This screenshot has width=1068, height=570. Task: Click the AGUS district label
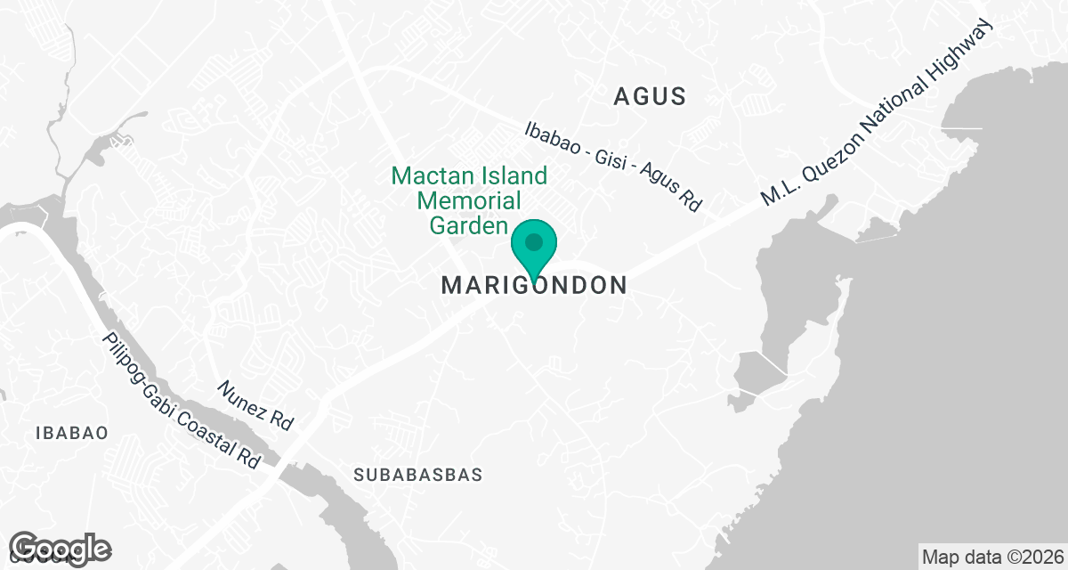click(x=650, y=96)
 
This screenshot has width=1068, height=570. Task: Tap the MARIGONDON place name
click(x=534, y=285)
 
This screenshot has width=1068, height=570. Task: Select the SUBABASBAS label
click(x=417, y=475)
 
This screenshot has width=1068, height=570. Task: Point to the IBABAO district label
click(x=72, y=433)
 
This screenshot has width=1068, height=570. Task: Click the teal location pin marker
click(x=534, y=248)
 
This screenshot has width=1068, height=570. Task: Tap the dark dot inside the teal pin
click(x=534, y=241)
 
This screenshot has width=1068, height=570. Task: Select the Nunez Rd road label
click(x=255, y=405)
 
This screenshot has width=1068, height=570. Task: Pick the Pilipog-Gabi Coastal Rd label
click(x=182, y=401)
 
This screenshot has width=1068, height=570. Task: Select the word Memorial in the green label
click(x=469, y=200)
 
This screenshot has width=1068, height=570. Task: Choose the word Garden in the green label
click(x=468, y=225)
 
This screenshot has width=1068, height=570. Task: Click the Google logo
click(x=61, y=547)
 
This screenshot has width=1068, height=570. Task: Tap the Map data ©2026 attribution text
click(x=991, y=558)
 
